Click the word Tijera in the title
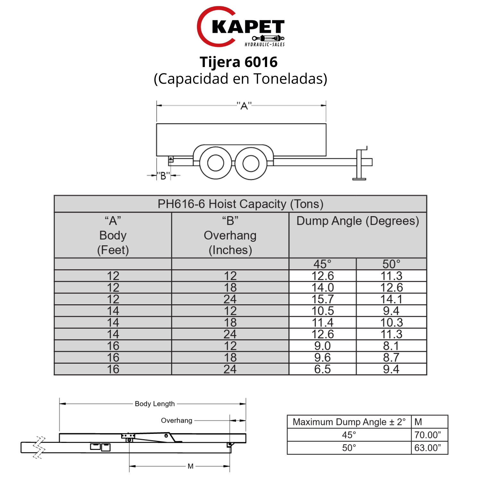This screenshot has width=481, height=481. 220,62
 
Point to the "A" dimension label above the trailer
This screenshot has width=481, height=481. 244,106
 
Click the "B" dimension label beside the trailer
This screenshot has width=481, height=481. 163,176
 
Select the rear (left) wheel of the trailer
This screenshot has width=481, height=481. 215,163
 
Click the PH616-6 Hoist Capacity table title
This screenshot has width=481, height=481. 240,204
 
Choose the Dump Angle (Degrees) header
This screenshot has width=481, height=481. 358,221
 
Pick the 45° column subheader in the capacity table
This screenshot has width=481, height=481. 322,264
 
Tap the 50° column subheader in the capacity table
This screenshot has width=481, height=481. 391,264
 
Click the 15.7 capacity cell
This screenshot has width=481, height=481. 323,299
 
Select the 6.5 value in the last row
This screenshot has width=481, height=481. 322,369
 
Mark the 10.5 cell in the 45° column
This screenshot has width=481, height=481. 323,311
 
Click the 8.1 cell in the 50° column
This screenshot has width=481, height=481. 391,346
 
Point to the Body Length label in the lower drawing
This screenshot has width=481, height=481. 155,404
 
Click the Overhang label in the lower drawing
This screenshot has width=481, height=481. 176,420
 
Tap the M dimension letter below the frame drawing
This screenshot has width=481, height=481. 190,466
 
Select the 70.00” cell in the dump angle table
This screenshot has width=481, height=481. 427,435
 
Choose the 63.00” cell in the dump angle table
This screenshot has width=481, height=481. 427,448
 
